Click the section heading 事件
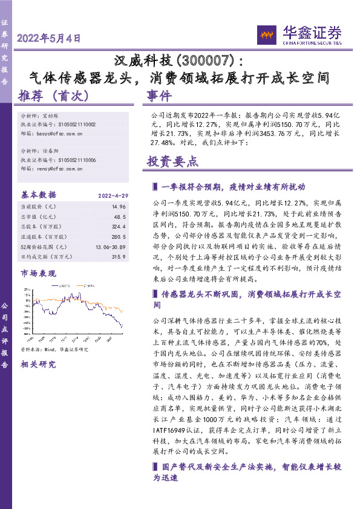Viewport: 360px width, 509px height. [x=159, y=96]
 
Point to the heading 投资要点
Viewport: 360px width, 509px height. [x=172, y=161]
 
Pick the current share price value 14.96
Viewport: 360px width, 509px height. [x=119, y=207]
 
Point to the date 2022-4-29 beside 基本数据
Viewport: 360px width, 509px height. [x=111, y=195]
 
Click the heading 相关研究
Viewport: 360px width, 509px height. [x=38, y=364]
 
